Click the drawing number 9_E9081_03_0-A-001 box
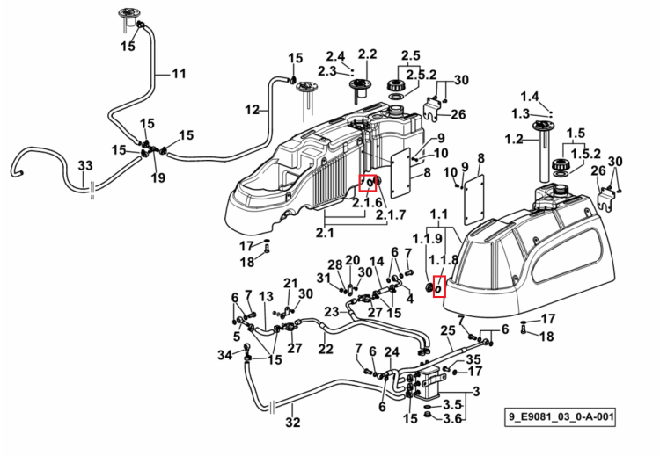coord(561,417)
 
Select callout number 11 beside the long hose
coord(179,74)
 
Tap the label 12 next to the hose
coord(253,110)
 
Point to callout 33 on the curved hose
coord(85,165)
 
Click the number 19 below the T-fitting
coord(158,177)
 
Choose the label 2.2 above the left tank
coord(368,54)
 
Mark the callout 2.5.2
coord(422,76)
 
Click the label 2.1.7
coord(391,214)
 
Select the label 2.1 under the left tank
coord(325,232)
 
